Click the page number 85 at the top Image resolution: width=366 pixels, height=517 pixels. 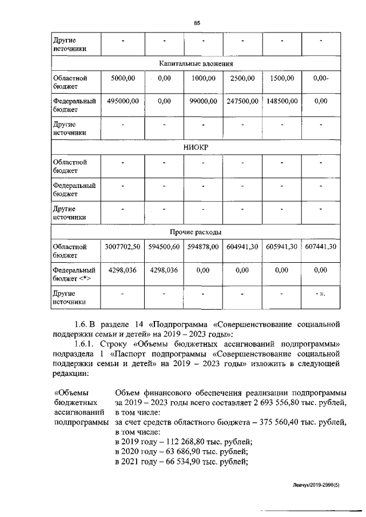(196, 22)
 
